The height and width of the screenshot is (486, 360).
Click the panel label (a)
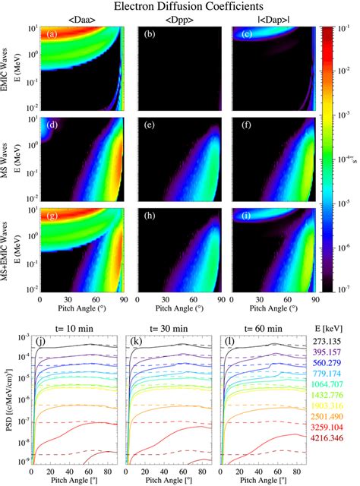51,34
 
